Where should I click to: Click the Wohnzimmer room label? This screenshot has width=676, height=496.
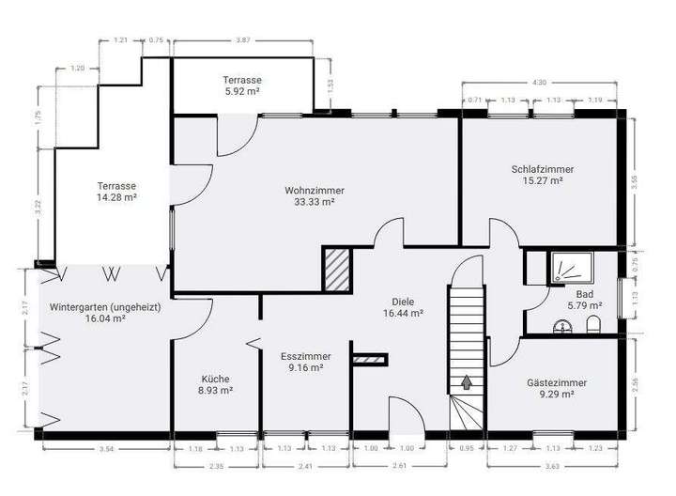pos(315,190)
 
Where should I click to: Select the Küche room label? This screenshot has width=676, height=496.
pos(214,379)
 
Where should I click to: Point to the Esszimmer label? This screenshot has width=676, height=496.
pos(302,357)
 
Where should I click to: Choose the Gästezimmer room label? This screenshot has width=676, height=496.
pos(557,383)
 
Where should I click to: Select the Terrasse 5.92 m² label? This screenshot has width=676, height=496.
pos(241,80)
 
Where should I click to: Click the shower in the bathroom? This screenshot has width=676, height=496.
pos(570,269)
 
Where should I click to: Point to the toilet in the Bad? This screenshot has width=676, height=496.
pos(592,325)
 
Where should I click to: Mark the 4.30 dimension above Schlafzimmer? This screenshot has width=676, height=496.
pos(538,83)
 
